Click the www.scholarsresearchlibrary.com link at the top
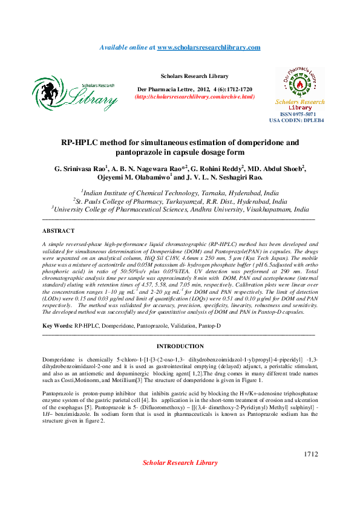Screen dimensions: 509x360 point(209,47)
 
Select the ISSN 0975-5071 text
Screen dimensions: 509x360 point(296,114)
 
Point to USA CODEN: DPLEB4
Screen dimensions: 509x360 point(296,120)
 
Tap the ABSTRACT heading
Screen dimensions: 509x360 point(58,230)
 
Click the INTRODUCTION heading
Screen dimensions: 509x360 point(180,346)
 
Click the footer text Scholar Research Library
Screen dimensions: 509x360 point(180,462)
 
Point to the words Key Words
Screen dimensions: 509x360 point(56,326)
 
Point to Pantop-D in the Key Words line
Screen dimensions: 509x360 point(208,326)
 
